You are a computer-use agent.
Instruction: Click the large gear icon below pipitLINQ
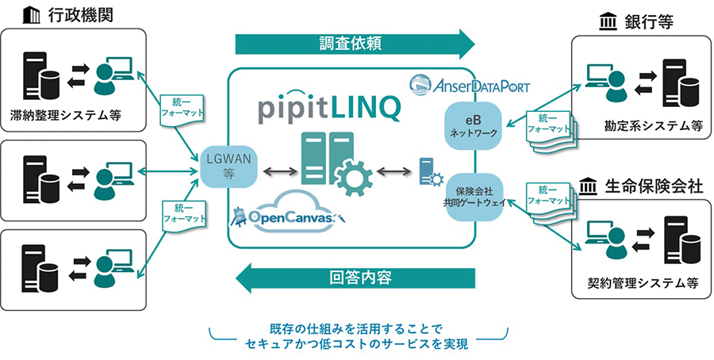pos(350,176)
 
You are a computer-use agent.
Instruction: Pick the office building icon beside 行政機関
pos(31,14)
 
